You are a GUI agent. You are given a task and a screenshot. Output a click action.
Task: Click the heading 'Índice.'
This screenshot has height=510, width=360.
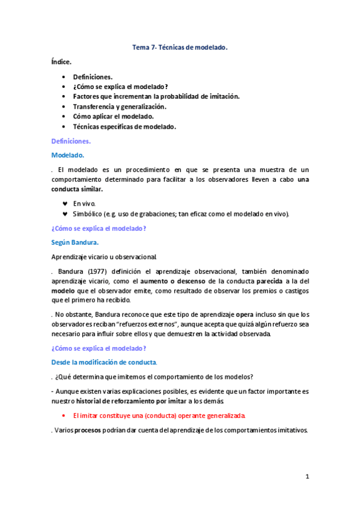click(61, 61)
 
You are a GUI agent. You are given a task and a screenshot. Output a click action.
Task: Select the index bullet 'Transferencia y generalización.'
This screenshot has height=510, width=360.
click(120, 106)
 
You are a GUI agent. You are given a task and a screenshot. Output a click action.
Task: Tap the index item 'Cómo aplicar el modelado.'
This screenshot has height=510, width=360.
click(114, 116)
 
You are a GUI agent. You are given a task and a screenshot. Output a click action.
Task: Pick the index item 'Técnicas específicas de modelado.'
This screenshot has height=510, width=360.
click(124, 126)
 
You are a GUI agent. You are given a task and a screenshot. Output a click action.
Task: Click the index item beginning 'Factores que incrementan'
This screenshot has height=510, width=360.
click(156, 96)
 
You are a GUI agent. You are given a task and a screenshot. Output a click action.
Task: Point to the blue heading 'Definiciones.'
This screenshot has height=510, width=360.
click(71, 141)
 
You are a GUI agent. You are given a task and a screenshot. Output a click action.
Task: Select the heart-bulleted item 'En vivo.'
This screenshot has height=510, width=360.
click(84, 203)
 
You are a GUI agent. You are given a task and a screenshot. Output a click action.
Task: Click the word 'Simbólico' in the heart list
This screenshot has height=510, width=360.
click(88, 214)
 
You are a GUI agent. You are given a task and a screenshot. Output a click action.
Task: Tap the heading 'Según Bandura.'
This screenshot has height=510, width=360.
click(75, 242)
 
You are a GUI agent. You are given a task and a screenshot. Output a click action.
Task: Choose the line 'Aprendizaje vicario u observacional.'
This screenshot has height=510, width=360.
click(104, 256)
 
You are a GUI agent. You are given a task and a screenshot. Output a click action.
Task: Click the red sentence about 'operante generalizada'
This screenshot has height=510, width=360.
click(159, 416)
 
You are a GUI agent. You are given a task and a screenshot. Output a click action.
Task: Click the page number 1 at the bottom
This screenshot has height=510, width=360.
click(307, 476)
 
